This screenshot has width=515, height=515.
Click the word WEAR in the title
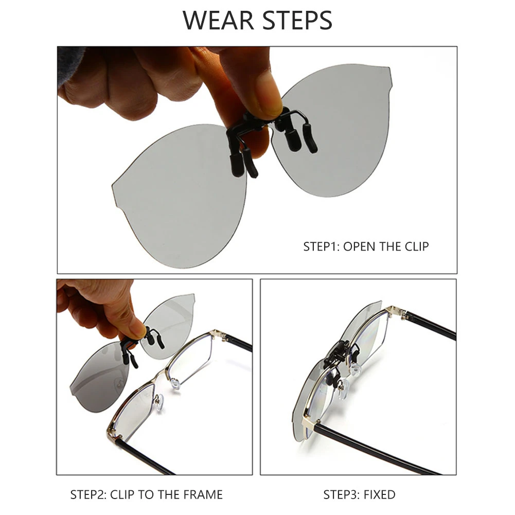[219, 21]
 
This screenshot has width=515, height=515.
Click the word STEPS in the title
[298, 21]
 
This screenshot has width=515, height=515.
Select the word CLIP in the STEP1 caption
[416, 246]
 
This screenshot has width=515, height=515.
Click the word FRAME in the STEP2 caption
[203, 494]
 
